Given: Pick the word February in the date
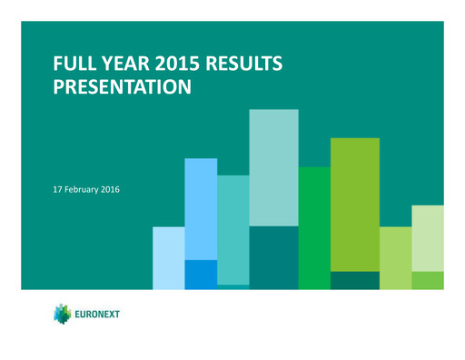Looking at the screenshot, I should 88,189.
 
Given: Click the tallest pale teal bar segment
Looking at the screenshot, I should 273,167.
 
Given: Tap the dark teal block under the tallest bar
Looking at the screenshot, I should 273,257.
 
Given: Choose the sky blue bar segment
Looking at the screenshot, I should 201,208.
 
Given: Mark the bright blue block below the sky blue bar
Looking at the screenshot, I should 201,274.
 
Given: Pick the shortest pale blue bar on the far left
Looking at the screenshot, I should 168,258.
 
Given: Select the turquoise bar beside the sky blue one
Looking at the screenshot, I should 232,229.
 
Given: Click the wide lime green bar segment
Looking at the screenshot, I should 355,204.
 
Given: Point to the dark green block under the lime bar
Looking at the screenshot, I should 355,280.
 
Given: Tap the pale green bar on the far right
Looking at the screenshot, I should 427,237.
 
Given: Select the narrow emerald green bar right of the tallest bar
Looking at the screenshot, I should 314,227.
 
